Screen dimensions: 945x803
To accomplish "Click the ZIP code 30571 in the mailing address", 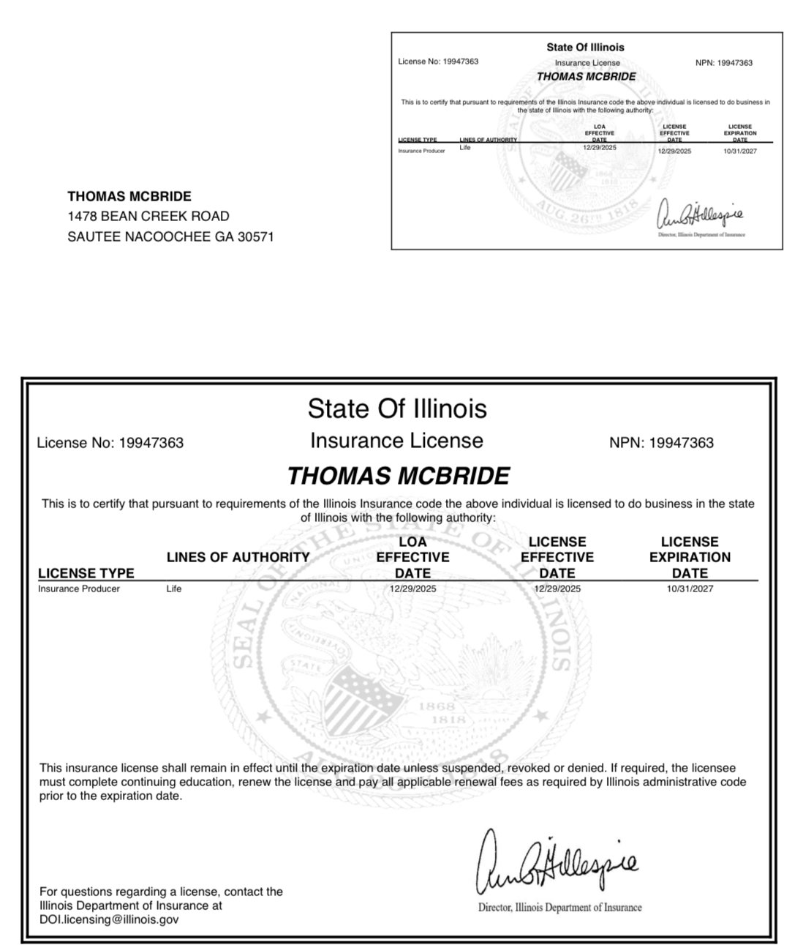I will [255, 236].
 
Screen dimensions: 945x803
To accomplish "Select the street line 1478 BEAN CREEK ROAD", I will [148, 216].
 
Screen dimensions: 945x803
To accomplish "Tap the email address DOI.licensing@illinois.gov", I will [109, 919].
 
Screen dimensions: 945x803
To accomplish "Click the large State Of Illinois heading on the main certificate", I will [397, 408].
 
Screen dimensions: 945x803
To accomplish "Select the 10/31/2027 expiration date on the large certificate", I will [690, 589].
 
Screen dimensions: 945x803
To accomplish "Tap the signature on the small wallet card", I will [701, 214].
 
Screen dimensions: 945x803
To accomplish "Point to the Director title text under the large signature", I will [559, 908].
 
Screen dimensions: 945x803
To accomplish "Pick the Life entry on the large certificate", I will [173, 589].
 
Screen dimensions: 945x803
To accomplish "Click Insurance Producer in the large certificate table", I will [79, 589].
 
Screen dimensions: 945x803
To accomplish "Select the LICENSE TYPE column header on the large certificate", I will [86, 573].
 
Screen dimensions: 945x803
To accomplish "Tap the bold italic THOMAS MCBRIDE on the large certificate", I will [398, 476].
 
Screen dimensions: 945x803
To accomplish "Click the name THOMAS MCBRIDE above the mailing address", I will [129, 196].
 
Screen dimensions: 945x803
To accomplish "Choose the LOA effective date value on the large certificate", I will [412, 589].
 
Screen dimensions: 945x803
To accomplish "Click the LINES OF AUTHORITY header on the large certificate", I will [238, 557].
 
